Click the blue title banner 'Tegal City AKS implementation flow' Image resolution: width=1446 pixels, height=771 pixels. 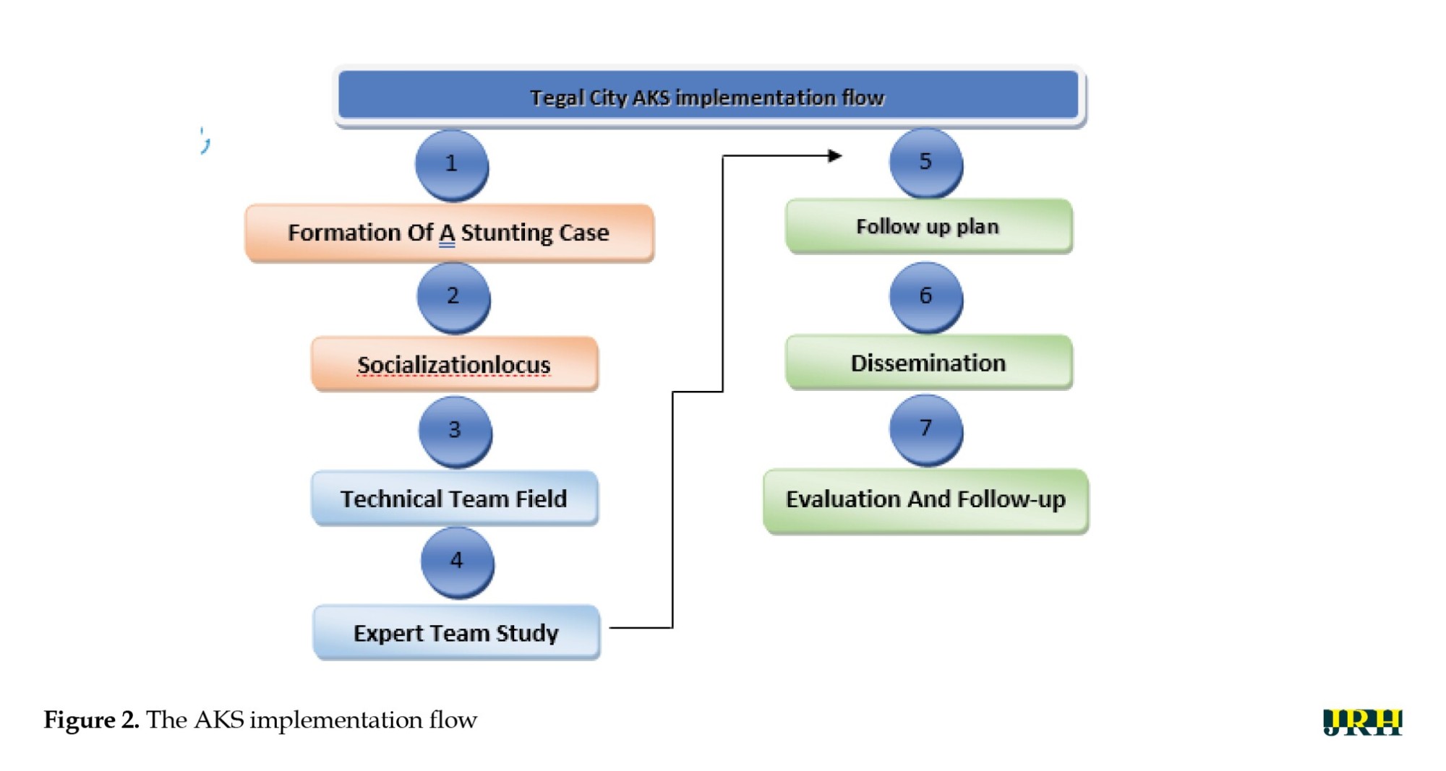click(709, 96)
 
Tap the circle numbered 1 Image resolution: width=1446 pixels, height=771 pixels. click(452, 165)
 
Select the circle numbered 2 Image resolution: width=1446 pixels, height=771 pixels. click(453, 297)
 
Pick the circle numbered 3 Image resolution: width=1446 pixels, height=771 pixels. click(455, 431)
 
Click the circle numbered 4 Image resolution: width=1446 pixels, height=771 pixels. click(457, 562)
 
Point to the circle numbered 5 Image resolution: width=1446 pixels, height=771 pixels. click(925, 163)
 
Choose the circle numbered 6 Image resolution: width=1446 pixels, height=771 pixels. click(925, 297)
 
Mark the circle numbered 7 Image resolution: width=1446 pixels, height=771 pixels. click(925, 430)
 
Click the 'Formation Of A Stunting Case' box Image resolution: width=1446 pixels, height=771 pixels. click(449, 233)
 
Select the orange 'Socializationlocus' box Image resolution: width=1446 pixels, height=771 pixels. click(455, 364)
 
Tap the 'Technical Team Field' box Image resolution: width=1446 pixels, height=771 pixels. click(455, 498)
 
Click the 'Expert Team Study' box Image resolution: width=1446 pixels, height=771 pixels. click(456, 632)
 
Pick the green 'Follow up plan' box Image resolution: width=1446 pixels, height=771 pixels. click(928, 226)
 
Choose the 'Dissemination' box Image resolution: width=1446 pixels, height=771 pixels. click(928, 362)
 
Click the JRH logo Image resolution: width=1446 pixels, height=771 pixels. click(1362, 722)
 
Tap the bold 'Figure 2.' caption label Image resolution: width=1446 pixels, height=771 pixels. click(91, 720)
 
